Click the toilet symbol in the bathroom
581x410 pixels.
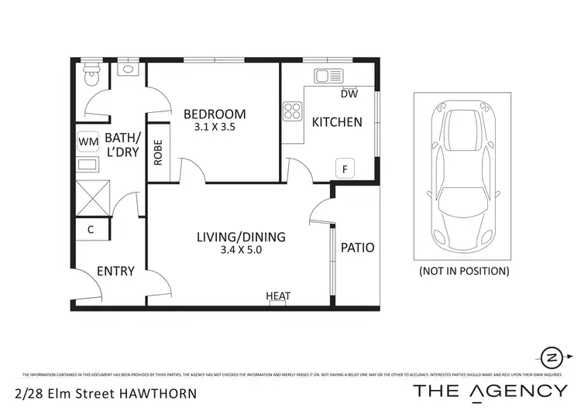[91, 76]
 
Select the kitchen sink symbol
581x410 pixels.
[328, 76]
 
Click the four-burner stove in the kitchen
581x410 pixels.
[292, 111]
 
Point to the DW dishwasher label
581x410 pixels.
[349, 94]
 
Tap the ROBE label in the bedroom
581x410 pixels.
[158, 153]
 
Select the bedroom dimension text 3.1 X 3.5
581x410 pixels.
[215, 130]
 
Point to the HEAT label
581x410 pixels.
[278, 296]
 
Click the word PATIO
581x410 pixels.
[358, 248]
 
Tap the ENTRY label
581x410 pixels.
[115, 272]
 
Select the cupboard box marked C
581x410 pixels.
[91, 230]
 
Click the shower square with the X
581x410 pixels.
[92, 199]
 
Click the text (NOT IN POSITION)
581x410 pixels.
[463, 272]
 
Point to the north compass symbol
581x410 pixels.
[552, 357]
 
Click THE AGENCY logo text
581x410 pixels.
[490, 391]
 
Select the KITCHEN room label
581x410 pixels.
[336, 121]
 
